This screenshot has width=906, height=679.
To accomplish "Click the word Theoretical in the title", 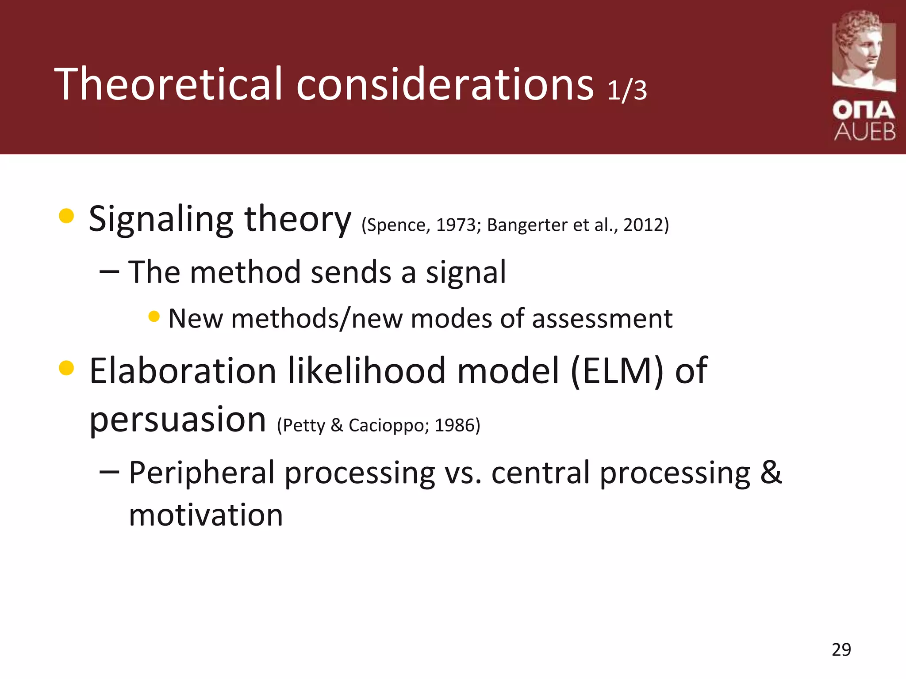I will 168,84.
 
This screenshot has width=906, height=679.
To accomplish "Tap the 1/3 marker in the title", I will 627,90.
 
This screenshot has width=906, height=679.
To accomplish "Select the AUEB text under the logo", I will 864,132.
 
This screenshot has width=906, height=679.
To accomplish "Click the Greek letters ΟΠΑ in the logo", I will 864,110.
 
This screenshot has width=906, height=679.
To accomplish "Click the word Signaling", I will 161,219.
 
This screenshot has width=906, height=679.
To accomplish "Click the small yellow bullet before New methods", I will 154,317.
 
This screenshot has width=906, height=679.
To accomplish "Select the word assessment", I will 602,319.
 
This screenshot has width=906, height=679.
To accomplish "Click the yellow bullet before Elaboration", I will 66,368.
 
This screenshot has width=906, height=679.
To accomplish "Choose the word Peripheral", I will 202,473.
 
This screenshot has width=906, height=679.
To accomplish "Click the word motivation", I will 206,515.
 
